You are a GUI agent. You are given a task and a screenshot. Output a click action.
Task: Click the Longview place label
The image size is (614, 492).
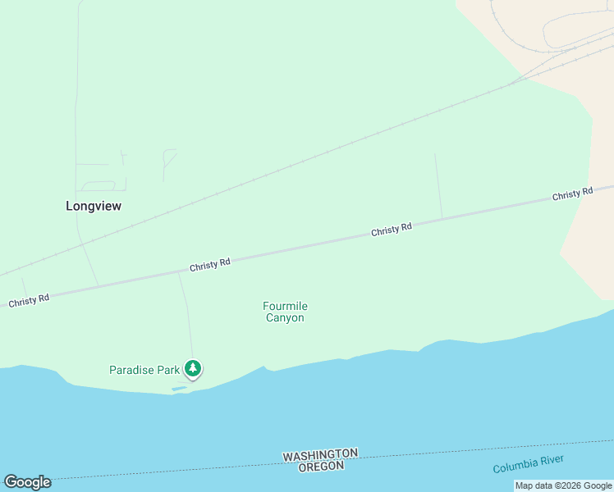click(94, 207)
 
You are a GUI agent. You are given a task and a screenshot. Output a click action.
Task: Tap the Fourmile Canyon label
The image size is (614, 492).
click(285, 312)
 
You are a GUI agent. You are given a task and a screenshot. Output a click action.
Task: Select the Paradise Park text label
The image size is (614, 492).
click(144, 370)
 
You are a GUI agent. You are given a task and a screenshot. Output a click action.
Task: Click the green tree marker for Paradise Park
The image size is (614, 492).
click(193, 369)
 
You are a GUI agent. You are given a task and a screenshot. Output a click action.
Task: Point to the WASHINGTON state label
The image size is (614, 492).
click(320, 454)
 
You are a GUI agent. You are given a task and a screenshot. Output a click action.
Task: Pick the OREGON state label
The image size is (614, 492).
click(320, 466)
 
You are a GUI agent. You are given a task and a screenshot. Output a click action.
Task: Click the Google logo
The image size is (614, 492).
click(27, 482)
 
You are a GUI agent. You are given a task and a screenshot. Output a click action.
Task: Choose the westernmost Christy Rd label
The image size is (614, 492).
click(29, 301)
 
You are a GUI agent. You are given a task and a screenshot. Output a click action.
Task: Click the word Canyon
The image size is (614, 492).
click(285, 318)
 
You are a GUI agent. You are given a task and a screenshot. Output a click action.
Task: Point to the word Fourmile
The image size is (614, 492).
click(285, 307)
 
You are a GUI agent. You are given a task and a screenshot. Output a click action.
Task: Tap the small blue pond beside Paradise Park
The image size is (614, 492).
click(179, 388)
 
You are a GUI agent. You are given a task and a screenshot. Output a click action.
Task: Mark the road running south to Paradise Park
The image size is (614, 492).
click(188, 320)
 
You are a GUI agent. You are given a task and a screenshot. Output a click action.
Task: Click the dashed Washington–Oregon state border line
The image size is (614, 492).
click(205, 466)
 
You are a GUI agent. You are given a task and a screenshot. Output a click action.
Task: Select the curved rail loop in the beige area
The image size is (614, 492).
click(558, 33)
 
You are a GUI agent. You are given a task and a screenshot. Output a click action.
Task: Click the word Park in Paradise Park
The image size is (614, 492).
click(168, 370)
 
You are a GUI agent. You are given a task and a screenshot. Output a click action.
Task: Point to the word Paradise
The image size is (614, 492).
click(132, 370)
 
